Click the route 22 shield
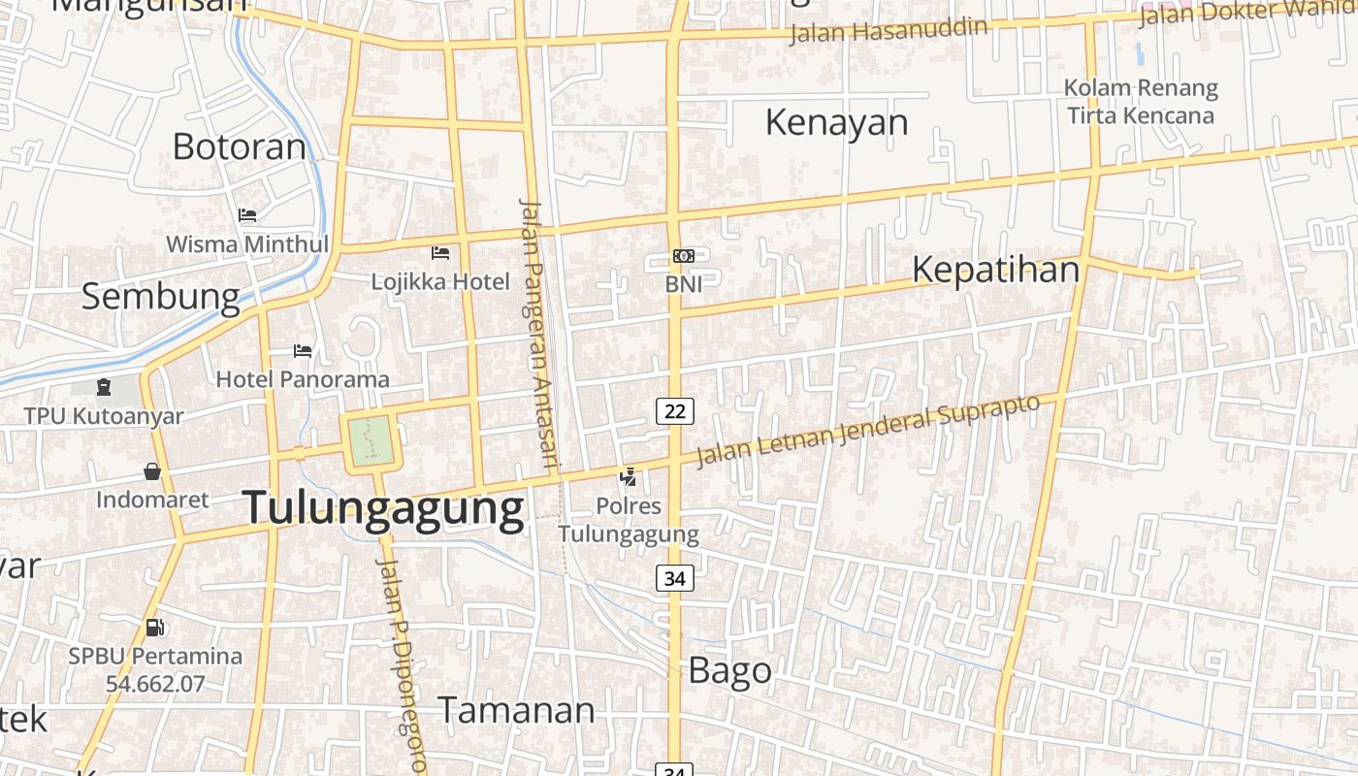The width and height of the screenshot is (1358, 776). pos(675,411)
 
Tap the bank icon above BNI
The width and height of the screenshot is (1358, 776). pos(684,256)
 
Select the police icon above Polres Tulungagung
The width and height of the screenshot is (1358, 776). pos(629,476)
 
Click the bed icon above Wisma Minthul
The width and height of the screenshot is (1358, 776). pos(247,214)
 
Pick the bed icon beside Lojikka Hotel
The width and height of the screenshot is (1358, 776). pos(440,253)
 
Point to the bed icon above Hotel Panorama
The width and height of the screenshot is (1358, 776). pos(303,350)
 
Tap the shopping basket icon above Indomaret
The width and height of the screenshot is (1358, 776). pos(152,471)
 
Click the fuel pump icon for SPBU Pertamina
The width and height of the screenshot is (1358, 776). pos(154,628)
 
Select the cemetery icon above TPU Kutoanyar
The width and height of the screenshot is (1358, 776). pos(104,388)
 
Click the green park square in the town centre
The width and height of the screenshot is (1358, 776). pos(370,442)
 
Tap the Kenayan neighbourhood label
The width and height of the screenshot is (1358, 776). pos(836,123)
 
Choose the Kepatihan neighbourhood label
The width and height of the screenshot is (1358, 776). pos(995,270)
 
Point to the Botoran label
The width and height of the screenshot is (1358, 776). pos(239,146)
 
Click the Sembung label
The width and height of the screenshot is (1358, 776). pos(160,296)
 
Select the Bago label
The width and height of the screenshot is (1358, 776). pos(729,670)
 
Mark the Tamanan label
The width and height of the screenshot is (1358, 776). pos(516,710)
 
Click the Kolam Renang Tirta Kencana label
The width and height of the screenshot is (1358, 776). pos(1141,102)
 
